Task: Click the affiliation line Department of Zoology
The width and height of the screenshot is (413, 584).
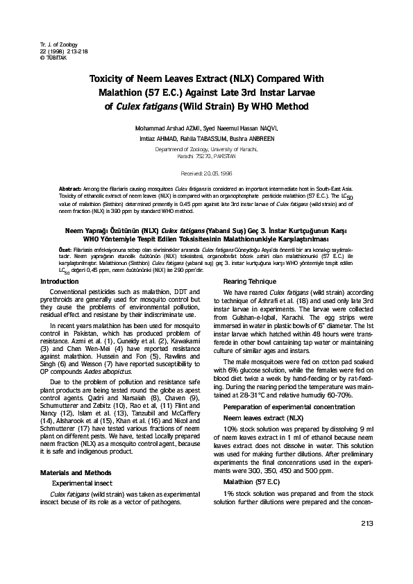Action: [x=206, y=148]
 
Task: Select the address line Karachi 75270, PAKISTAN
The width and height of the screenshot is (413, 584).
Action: [x=206, y=157]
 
